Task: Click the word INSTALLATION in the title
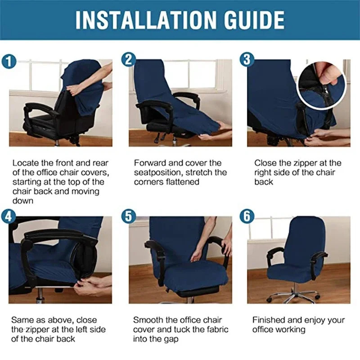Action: tap(146, 20)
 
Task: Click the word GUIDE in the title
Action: tap(254, 20)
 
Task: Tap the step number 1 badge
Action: tap(9, 62)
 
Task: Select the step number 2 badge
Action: tap(129, 59)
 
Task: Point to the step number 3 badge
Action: tap(247, 59)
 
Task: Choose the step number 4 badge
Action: tap(9, 216)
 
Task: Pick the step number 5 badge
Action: tap(129, 216)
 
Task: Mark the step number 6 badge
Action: tap(247, 216)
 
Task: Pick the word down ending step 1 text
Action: tap(23, 201)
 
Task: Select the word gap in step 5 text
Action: tap(171, 340)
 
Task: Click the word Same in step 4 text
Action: tap(22, 320)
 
